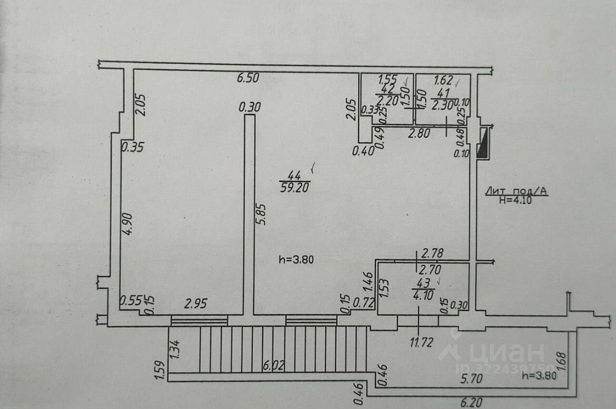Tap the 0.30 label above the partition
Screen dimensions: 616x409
click(x=250, y=107)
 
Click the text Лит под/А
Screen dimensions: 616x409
click(x=515, y=192)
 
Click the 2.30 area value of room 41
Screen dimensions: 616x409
click(x=441, y=105)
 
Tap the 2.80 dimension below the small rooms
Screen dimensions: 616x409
click(x=420, y=134)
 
